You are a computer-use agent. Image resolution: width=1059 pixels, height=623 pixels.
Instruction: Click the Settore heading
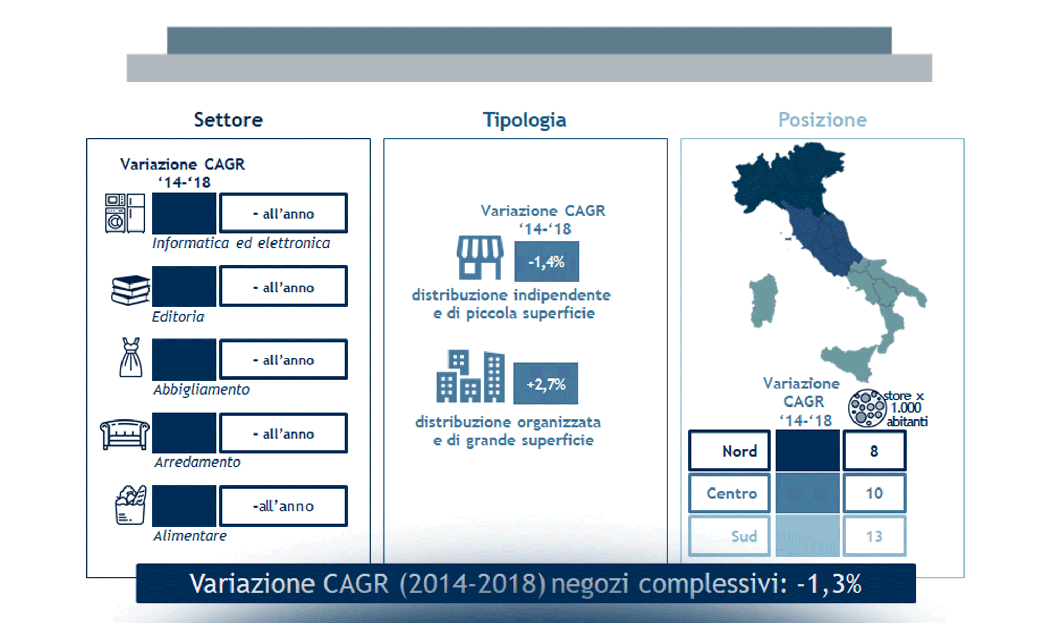tap(228, 120)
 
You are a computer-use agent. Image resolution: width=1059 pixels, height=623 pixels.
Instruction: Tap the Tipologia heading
tap(524, 120)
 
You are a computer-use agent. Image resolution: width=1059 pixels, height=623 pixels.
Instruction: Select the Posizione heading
tap(822, 120)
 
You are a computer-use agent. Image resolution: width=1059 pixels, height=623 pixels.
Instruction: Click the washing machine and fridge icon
tap(125, 213)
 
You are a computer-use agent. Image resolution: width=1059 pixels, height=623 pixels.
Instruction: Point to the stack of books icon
tap(130, 290)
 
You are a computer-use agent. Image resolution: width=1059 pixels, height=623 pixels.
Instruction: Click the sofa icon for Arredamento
tap(125, 434)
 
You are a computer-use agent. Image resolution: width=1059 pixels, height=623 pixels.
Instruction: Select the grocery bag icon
tap(131, 505)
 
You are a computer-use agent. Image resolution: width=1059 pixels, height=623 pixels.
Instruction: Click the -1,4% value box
tap(547, 262)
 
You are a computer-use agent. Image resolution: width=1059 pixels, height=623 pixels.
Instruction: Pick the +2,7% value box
tap(546, 384)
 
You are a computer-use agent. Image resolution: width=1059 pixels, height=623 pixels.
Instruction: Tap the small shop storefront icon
tap(480, 258)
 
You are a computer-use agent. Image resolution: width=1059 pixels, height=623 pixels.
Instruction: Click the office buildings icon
tap(470, 377)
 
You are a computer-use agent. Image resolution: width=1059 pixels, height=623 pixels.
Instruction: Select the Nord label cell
tap(729, 451)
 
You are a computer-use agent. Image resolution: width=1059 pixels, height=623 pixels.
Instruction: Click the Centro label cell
tap(729, 493)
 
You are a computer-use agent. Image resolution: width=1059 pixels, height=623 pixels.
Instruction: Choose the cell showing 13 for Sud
tap(874, 536)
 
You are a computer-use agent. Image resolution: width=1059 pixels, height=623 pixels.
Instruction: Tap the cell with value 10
tap(874, 493)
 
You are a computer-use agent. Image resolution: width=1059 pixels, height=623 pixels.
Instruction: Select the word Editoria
tap(178, 317)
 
